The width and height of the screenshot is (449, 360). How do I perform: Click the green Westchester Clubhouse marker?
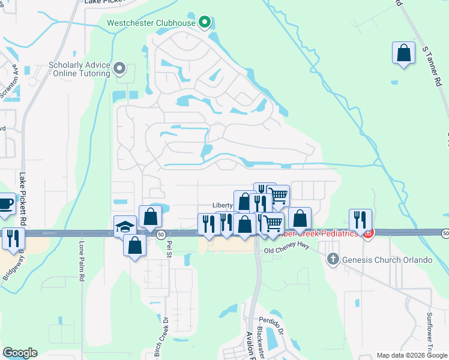pos(205,23)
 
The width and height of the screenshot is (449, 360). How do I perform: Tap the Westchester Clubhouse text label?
pos(151,23)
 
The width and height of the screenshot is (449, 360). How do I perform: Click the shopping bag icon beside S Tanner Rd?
pos(403,53)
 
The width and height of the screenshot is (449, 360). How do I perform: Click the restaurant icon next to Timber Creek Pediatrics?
pos(360,220)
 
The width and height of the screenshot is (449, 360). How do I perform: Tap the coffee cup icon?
pos(5,203)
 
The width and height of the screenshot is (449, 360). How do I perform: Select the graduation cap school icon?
pos(125,226)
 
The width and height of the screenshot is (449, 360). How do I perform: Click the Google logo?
pos(20,353)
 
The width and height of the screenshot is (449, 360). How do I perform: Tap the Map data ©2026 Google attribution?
pos(411,355)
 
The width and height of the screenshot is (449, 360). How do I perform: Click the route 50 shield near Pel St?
pos(161,235)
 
